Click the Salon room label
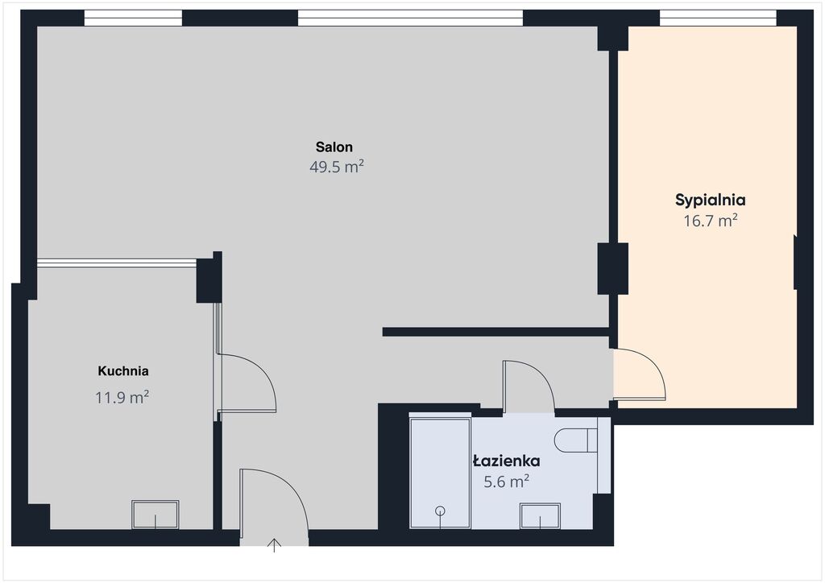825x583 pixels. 334,147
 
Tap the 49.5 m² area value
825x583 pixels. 337,167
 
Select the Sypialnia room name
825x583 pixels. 711,201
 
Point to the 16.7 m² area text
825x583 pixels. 711,221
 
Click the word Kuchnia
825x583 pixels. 123,371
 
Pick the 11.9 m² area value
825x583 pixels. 122,397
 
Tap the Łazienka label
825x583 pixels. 506,461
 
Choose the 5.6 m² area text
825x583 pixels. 506,481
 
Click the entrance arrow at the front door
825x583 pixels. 274,545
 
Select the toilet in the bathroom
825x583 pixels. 575,440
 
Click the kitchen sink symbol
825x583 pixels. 155,514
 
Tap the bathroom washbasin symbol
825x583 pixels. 540,515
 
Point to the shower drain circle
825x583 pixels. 441,511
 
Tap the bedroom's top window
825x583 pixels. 718,18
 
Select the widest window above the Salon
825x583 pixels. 410,18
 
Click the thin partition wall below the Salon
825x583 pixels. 495,332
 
